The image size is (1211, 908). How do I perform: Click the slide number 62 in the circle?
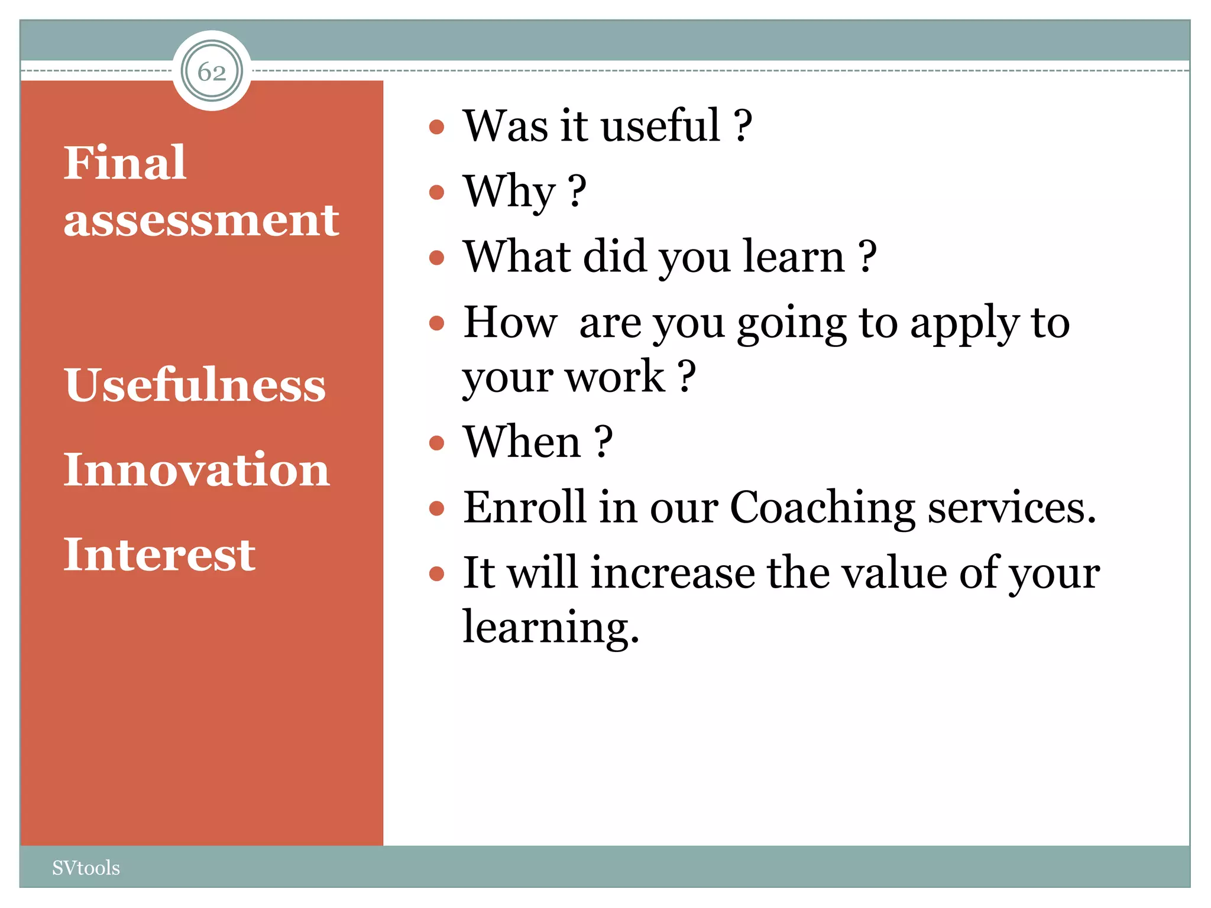(212, 72)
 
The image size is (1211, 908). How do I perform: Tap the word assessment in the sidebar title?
(201, 220)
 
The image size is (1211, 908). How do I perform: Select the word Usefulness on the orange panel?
(195, 385)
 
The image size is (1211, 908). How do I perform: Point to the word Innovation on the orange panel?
(196, 469)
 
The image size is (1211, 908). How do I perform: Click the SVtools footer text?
(86, 868)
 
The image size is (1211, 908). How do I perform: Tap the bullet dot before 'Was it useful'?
(436, 127)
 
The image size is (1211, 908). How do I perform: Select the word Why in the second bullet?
(509, 192)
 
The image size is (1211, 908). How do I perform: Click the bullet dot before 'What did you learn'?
(436, 257)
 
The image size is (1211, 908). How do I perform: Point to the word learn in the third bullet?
(794, 257)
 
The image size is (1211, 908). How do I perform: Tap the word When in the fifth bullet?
(522, 442)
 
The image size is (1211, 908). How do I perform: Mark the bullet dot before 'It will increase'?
(436, 573)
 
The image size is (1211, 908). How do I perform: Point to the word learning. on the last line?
(551, 627)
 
